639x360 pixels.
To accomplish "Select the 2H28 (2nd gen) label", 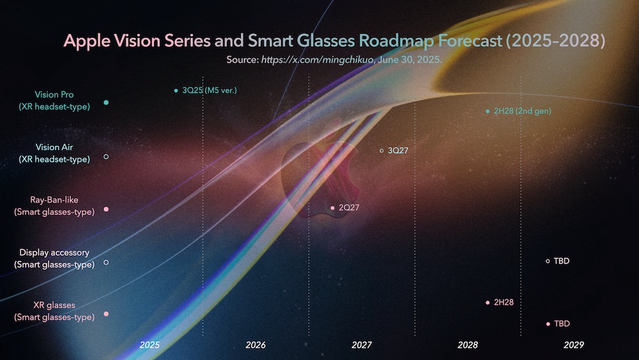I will pos(522,111).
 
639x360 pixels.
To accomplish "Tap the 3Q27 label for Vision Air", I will pos(397,151).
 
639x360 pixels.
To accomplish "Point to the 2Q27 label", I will pos(348,208).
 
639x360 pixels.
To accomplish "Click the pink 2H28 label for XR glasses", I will pos(504,302).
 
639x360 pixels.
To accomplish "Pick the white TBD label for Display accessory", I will pos(562,261).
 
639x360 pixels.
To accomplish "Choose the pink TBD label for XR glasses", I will pos(562,324).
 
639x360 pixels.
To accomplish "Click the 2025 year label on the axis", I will pos(150,345).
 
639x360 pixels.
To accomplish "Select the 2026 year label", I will pos(256,345).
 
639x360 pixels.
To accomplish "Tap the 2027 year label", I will pos(362,345).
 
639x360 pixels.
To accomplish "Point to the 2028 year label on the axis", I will pos(468,345).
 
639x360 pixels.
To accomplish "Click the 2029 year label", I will pos(574,345).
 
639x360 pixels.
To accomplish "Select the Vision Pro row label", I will pos(54,101).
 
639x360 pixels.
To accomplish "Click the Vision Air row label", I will pos(54,153).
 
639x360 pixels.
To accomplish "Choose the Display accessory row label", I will pos(54,258).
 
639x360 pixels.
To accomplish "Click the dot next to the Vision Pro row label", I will pos(106,102).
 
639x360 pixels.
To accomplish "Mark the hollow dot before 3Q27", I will pos(381,151).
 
